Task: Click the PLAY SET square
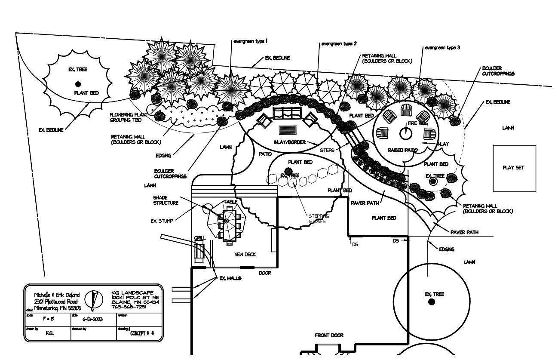(x=514, y=168)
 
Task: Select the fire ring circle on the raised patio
(x=406, y=134)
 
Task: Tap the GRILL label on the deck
(x=199, y=238)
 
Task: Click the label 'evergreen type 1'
(x=250, y=41)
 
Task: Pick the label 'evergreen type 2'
(x=339, y=44)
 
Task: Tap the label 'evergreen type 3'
(x=442, y=48)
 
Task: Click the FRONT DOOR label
(x=329, y=335)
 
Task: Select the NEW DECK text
(x=245, y=255)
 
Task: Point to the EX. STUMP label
(x=162, y=221)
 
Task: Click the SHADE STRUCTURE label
(x=166, y=200)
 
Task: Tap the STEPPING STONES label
(x=318, y=219)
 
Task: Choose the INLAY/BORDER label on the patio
(x=289, y=142)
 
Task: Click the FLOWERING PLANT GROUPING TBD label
(x=129, y=117)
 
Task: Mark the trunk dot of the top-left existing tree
(x=78, y=84)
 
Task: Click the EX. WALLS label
(x=230, y=278)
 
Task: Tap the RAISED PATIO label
(x=402, y=151)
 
